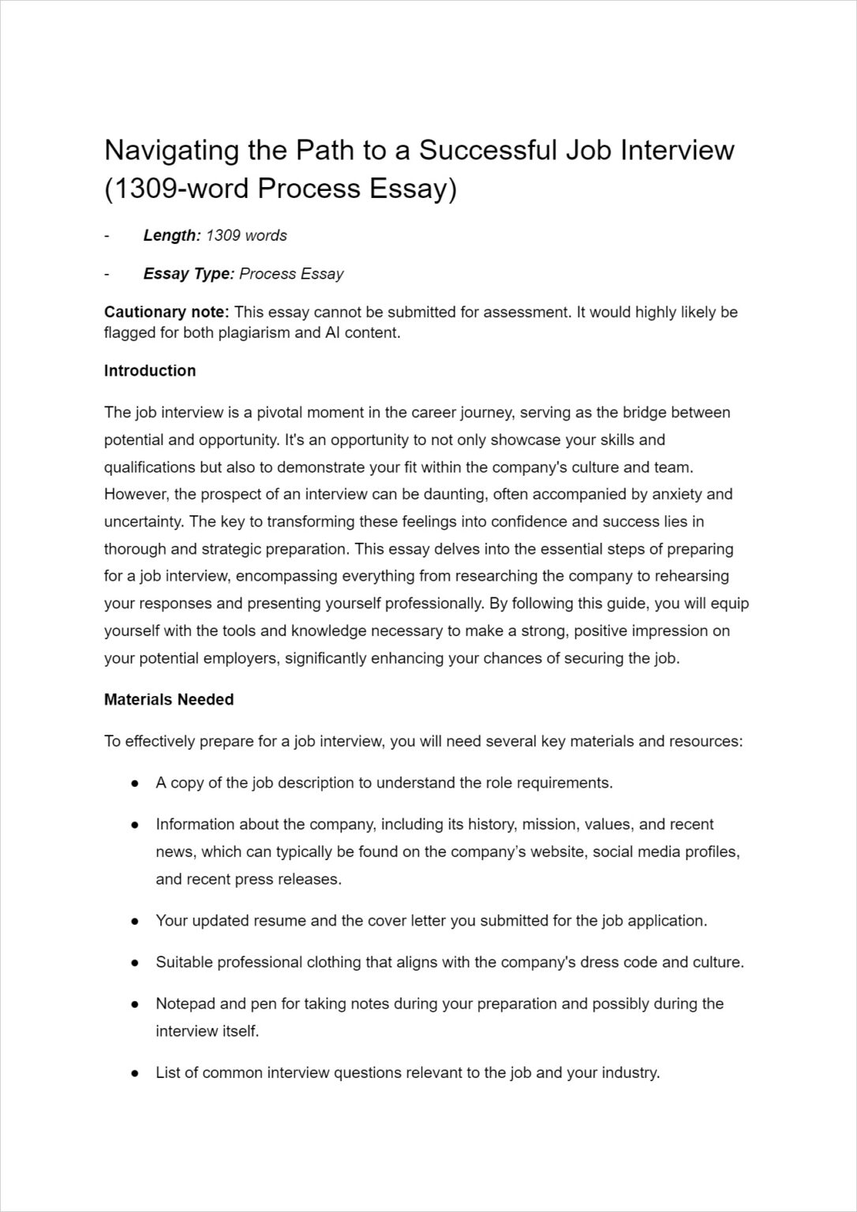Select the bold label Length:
click(172, 235)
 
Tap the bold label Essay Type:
click(189, 274)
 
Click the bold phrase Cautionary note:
click(167, 312)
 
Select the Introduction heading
click(150, 371)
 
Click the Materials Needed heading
click(169, 700)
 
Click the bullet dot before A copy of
click(136, 784)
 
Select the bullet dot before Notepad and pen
click(136, 1004)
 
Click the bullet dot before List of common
click(136, 1073)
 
